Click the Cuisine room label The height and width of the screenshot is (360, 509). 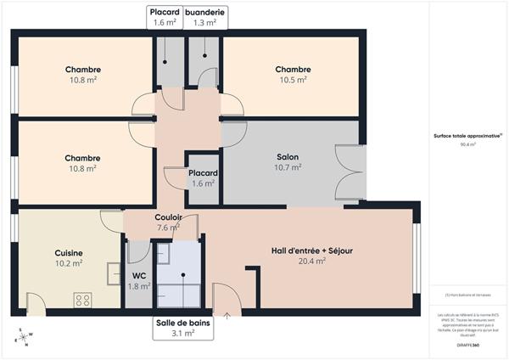click(69, 252)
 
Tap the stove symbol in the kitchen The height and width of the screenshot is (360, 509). click(83, 299)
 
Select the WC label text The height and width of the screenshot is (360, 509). click(139, 275)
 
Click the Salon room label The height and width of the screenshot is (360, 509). click(288, 157)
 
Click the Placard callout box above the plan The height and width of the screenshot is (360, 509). click(165, 17)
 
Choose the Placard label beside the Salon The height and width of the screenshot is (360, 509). click(204, 172)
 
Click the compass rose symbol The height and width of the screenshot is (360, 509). click(24, 338)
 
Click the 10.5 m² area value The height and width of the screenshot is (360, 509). click(293, 81)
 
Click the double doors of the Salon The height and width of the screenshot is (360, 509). click(350, 175)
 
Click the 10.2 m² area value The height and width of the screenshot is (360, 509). click(69, 263)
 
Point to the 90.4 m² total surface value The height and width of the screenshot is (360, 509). click(467, 145)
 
